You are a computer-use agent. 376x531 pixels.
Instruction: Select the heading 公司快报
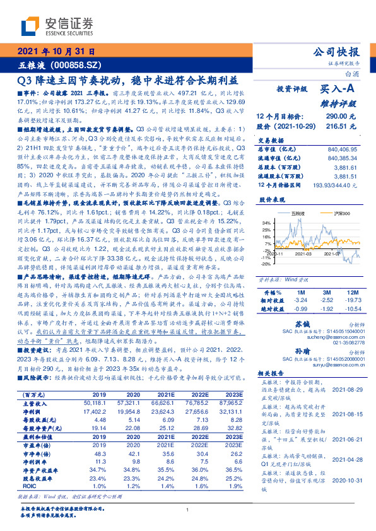(336, 52)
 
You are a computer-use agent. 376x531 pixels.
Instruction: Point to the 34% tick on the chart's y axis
(267, 223)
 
